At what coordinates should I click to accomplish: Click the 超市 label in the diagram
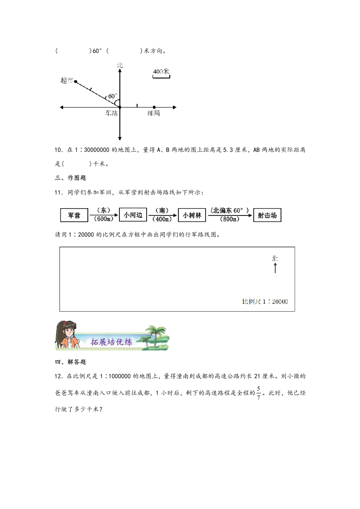66,80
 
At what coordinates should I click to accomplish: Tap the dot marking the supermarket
75,82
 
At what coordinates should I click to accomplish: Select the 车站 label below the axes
111,113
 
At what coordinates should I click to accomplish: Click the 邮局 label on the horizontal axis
154,113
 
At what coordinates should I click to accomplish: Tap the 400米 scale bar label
161,72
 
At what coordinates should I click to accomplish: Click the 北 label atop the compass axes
119,65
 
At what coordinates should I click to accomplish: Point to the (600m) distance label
104,220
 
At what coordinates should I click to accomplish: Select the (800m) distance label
229,220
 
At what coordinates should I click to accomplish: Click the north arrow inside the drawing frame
275,268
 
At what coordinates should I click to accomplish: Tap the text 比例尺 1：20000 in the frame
266,301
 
